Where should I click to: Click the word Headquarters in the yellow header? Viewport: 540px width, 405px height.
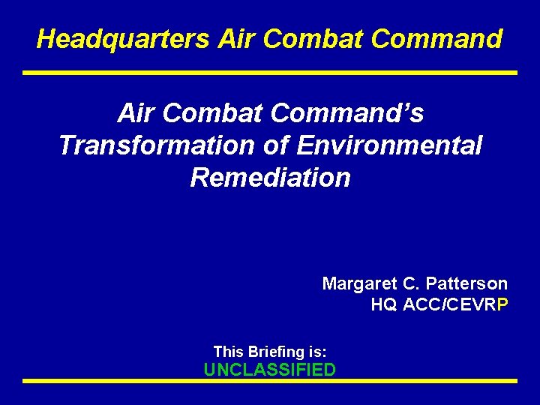[x=123, y=39]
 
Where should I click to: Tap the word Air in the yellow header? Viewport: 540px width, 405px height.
[x=235, y=39]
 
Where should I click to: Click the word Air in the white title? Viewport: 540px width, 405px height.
[x=136, y=113]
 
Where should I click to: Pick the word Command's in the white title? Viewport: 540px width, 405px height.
[x=347, y=113]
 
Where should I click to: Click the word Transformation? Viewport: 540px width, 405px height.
[x=155, y=145]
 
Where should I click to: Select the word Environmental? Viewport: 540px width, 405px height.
[x=388, y=145]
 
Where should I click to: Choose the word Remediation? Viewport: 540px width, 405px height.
[x=270, y=178]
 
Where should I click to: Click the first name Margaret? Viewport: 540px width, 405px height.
[x=355, y=284]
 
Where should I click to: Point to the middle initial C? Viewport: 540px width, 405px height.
[x=409, y=284]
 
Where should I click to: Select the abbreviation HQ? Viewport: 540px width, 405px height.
[x=384, y=305]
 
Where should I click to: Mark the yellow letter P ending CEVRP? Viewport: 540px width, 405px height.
[x=502, y=305]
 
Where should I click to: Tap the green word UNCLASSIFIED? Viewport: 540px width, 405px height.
[x=270, y=370]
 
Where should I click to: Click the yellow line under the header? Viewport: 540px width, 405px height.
[x=270, y=73]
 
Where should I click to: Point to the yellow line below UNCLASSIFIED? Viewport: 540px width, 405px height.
[x=270, y=382]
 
